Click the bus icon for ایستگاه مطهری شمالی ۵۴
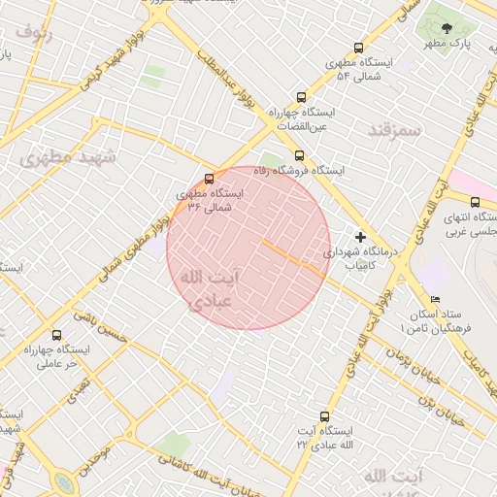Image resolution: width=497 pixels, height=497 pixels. (x=359, y=48)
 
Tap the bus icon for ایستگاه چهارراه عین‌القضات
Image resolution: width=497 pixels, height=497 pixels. (x=301, y=97)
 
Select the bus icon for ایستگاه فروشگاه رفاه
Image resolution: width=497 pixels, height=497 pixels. (x=298, y=155)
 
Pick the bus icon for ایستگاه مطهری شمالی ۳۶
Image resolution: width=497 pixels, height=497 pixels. (x=209, y=179)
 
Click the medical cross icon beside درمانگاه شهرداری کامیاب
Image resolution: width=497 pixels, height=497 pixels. (x=360, y=237)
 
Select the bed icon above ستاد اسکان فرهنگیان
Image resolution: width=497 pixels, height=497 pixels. (x=434, y=299)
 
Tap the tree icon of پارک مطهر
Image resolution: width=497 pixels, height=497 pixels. (x=447, y=29)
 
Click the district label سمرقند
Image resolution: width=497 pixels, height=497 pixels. (x=397, y=129)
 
